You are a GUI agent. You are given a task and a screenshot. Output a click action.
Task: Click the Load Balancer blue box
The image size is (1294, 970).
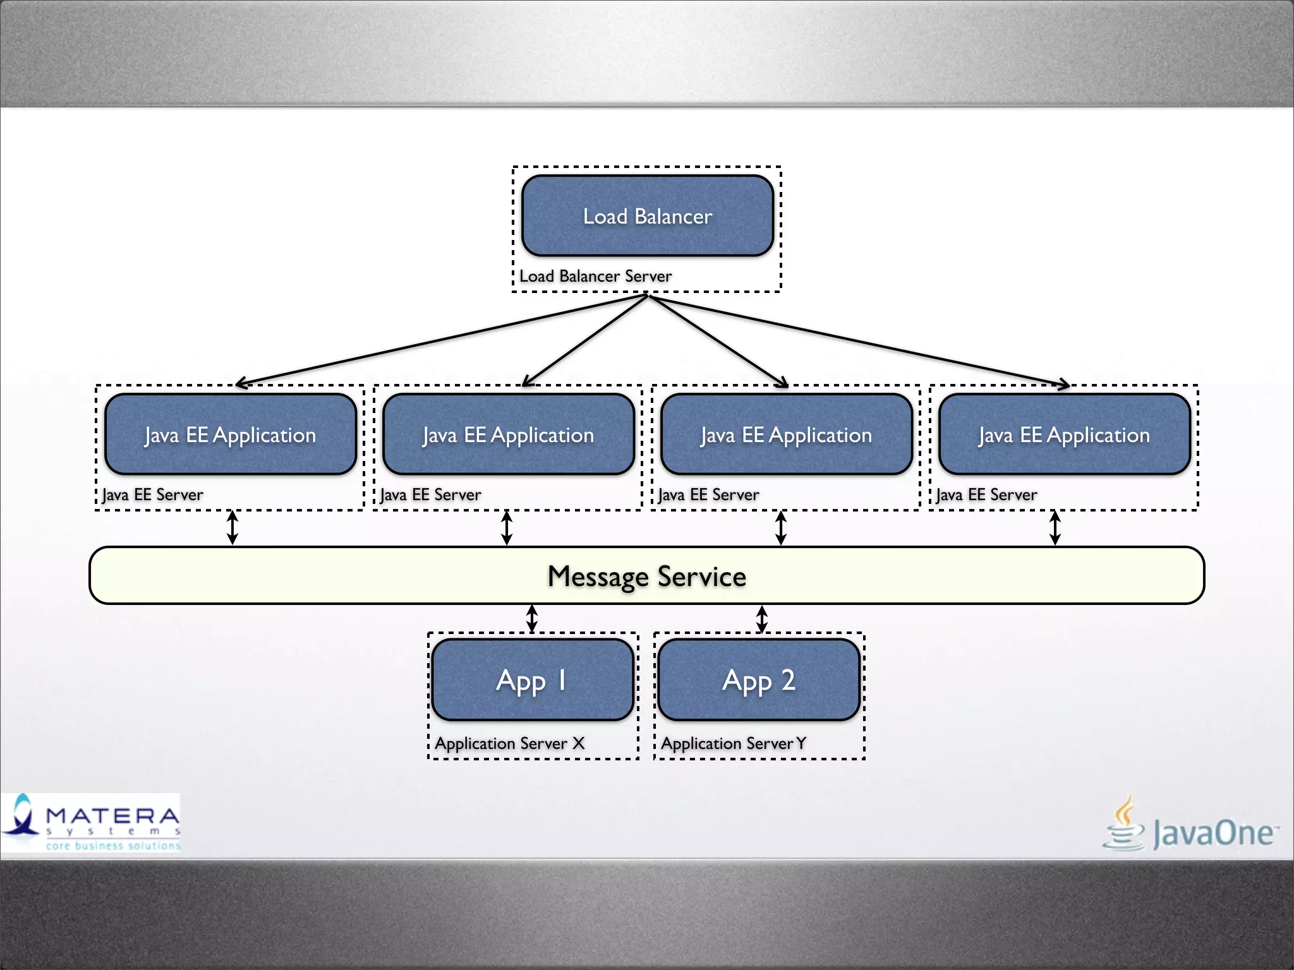(x=647, y=216)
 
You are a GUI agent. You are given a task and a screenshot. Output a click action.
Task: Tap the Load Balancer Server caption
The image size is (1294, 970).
(x=595, y=276)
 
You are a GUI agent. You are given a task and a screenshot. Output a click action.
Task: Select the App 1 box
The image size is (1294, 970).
(x=532, y=680)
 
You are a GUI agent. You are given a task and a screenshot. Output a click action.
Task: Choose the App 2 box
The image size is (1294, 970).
(x=758, y=680)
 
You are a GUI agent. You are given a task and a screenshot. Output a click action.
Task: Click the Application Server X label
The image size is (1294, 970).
(x=509, y=743)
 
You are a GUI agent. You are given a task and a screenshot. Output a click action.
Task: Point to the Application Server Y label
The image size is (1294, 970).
(x=733, y=743)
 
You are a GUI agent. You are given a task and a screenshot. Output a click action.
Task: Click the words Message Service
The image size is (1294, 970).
(x=646, y=576)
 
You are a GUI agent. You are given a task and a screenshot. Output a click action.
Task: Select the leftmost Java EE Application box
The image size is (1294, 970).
(x=230, y=434)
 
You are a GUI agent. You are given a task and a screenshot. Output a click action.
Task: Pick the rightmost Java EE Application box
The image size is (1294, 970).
(x=1064, y=434)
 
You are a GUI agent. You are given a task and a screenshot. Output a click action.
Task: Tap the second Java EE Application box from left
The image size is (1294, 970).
(x=508, y=434)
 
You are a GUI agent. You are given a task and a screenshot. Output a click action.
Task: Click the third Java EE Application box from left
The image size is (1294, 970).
(x=786, y=434)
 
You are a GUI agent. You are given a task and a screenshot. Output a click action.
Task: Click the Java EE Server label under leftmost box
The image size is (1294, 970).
(x=152, y=494)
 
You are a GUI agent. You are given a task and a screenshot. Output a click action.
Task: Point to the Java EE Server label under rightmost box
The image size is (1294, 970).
(x=986, y=494)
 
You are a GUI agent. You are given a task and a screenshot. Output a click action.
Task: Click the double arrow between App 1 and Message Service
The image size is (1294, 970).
(x=532, y=618)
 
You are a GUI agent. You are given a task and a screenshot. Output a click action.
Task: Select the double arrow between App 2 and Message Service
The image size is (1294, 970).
(x=762, y=618)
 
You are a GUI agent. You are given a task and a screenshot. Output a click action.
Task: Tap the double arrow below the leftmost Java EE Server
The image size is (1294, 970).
(x=233, y=527)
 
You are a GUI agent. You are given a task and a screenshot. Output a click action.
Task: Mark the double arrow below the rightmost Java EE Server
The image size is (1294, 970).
(x=1055, y=527)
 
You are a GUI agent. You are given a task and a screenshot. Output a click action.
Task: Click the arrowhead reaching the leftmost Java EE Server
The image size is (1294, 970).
(x=240, y=383)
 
